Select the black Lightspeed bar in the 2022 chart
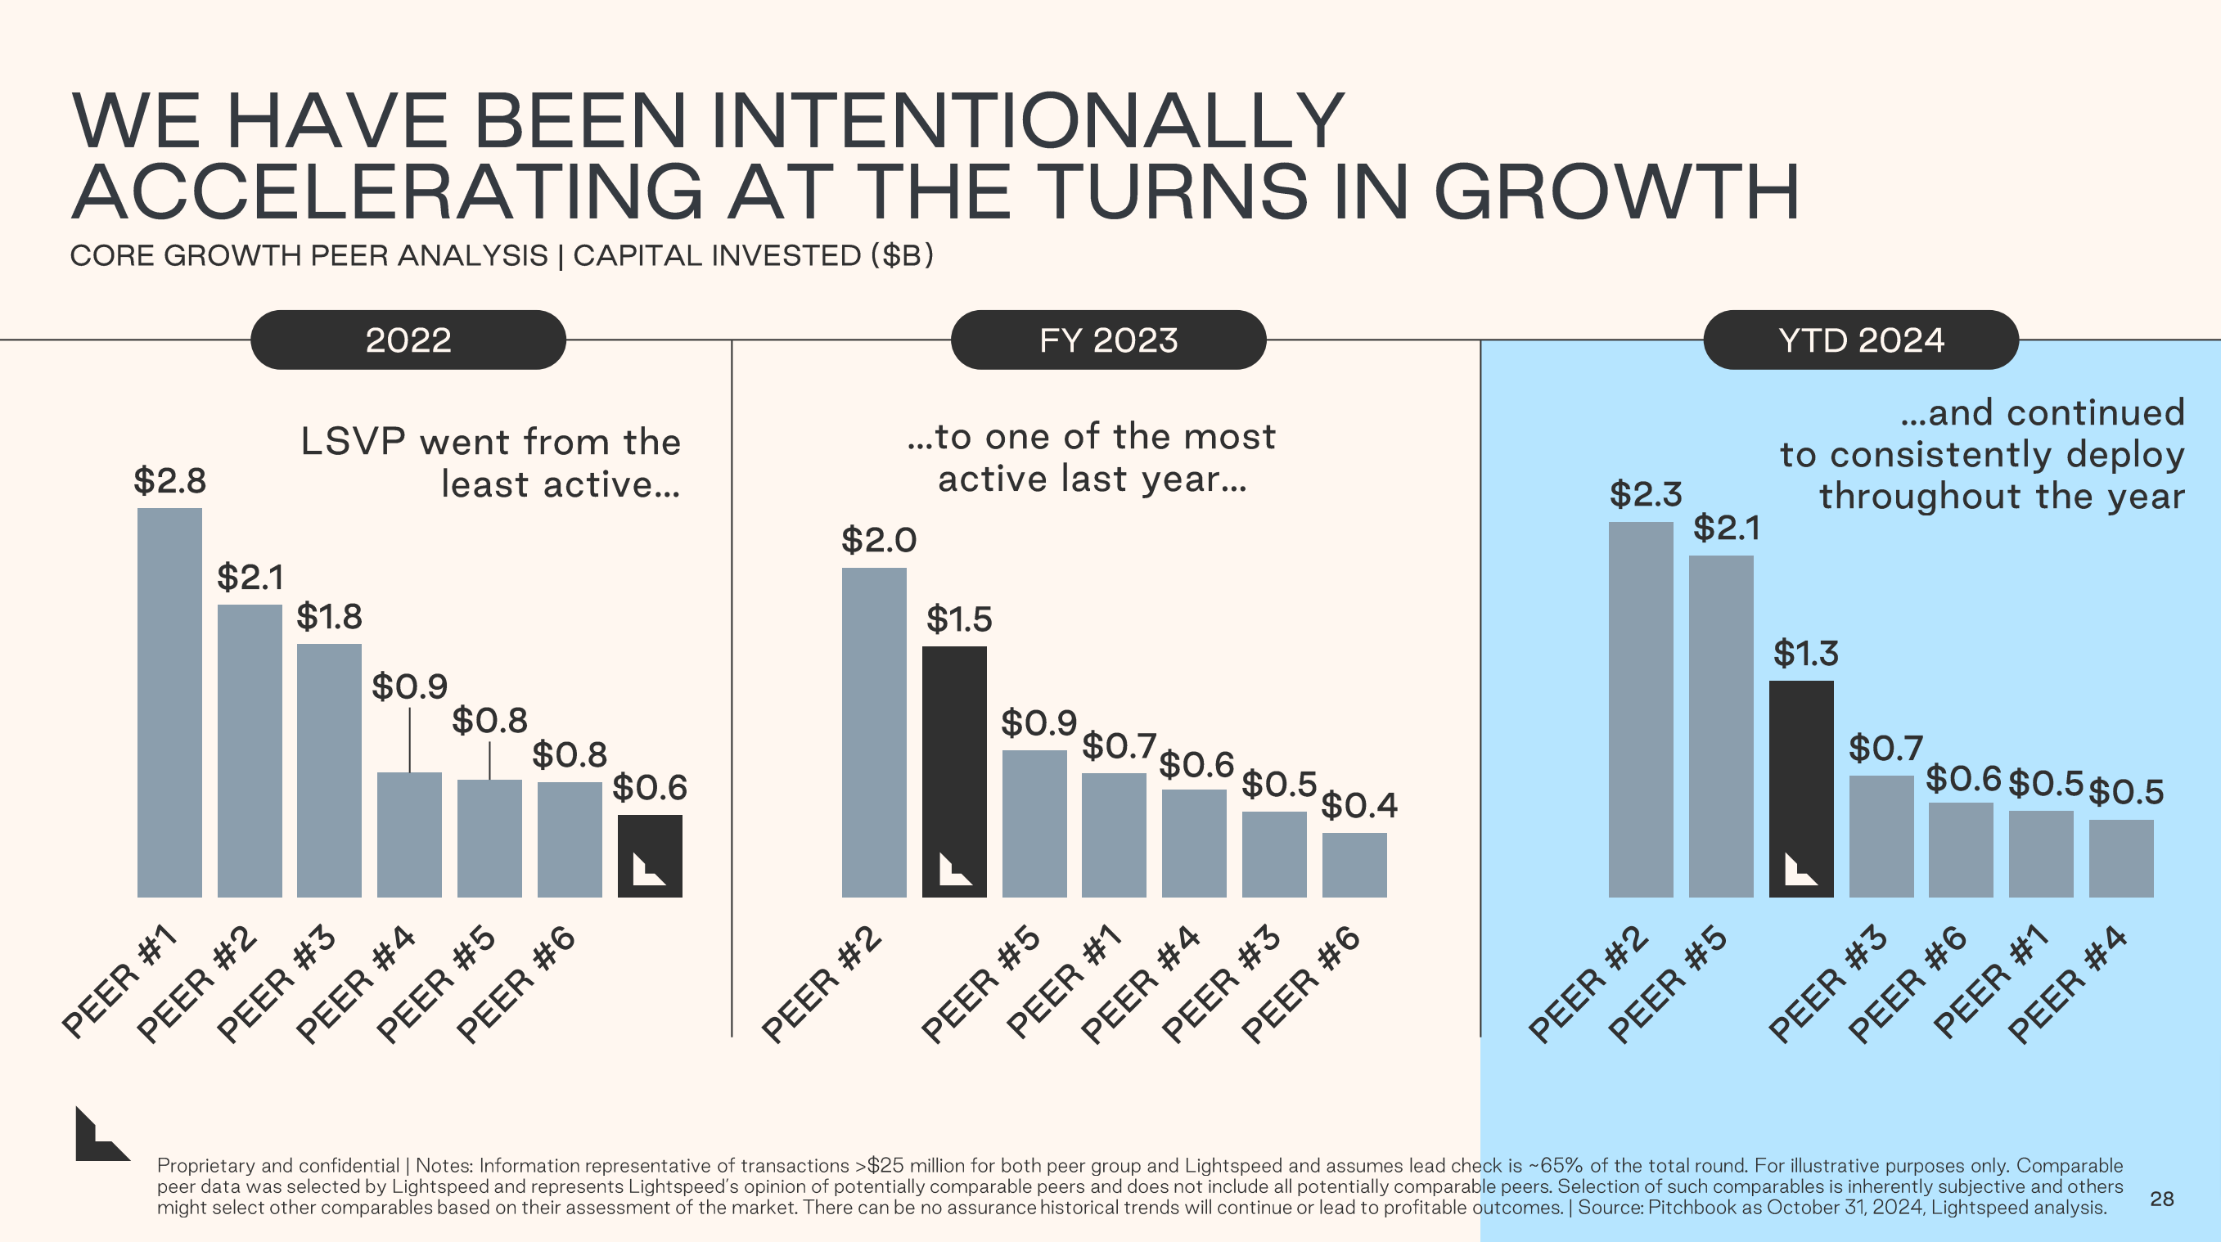pos(649,855)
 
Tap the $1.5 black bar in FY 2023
pos(953,772)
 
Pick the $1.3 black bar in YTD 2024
pos(1800,789)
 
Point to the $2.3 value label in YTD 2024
pos(1645,495)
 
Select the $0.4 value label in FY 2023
pos(1358,806)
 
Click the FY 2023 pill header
pos(1108,340)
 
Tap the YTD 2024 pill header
pos(1861,340)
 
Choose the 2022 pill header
pos(408,340)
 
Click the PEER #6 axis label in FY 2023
pos(1300,983)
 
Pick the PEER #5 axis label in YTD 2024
pos(1667,983)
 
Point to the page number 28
pos(2160,1199)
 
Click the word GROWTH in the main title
pos(1615,191)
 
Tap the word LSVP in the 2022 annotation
pos(353,442)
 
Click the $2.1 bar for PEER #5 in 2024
pos(1720,726)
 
